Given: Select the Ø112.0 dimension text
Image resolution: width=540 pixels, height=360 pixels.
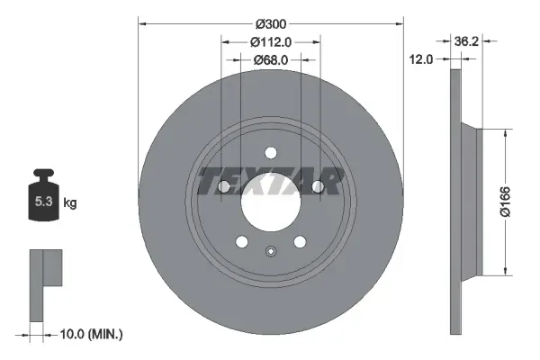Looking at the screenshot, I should click(x=270, y=41).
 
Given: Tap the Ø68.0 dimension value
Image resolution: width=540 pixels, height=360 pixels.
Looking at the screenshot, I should click(x=270, y=59).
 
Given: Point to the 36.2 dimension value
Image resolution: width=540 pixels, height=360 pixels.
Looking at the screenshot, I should click(x=465, y=41).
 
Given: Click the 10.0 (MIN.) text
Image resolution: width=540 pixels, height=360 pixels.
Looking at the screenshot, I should click(x=93, y=334).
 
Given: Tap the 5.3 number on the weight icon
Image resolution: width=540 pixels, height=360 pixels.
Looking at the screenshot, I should click(x=42, y=202).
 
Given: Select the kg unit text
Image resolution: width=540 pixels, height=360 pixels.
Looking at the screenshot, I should click(x=70, y=203).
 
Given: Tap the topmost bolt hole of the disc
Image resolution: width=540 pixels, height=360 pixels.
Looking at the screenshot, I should click(x=270, y=153).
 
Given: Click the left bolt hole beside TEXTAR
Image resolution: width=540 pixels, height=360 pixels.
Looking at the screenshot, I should click(x=222, y=186).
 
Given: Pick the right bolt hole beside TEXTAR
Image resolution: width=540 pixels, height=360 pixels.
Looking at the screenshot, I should click(x=318, y=186).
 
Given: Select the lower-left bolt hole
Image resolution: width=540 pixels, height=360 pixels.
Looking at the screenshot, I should click(x=240, y=241).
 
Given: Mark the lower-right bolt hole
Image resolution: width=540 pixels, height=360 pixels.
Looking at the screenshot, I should click(x=300, y=241).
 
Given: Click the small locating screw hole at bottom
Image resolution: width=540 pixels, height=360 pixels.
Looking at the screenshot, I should click(x=270, y=251).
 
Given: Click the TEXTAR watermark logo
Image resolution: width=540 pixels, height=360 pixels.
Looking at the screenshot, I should click(x=270, y=181).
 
